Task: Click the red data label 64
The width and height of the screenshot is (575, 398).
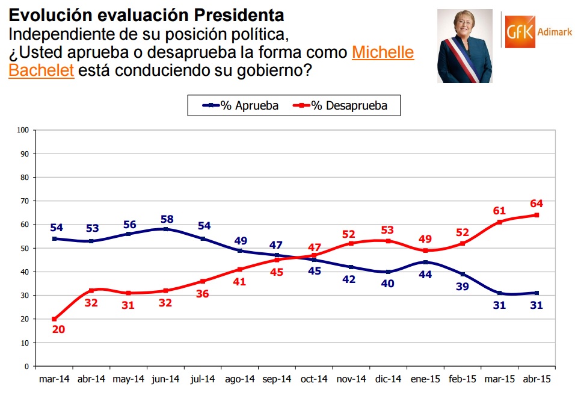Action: [537, 204]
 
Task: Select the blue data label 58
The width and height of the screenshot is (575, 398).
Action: [167, 219]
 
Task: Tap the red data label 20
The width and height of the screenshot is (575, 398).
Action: [59, 329]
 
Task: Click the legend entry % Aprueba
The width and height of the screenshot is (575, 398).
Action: [241, 106]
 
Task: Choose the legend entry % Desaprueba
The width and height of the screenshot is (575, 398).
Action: [340, 106]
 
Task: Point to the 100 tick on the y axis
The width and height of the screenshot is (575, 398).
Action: [23, 130]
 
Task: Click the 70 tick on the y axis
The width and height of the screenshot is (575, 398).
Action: [25, 201]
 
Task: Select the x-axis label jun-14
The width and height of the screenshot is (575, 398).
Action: [165, 379]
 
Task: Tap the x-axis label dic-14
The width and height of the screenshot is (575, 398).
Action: [388, 379]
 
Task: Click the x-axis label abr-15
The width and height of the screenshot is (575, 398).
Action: [537, 379]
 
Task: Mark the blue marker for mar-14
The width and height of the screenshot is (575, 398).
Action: [54, 238]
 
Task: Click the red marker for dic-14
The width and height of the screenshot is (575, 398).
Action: [389, 241]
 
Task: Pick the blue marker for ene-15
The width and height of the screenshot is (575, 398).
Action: [425, 262]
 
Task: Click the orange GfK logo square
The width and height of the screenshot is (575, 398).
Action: [520, 32]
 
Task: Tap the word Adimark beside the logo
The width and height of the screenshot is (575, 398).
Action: [555, 32]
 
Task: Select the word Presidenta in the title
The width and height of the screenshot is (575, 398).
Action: [239, 16]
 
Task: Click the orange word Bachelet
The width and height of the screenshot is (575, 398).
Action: [42, 70]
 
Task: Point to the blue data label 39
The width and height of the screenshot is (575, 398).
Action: [463, 287]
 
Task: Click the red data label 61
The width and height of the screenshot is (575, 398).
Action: [499, 211]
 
